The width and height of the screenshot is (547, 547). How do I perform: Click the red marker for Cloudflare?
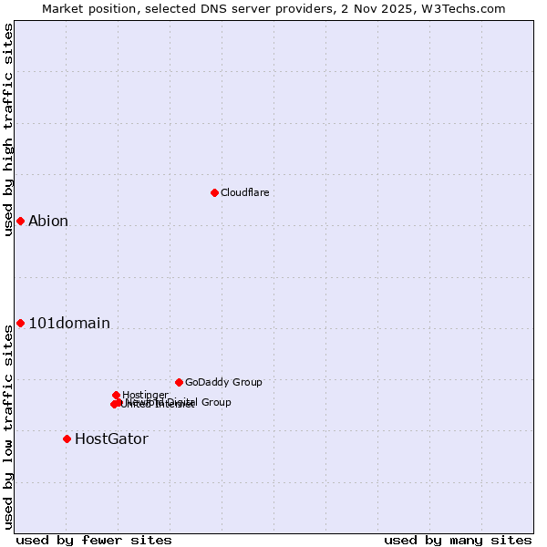[214, 192]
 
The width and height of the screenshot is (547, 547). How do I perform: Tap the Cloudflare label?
[244, 192]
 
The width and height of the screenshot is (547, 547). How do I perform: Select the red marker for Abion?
[20, 221]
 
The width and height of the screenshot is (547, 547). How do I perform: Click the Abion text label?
[48, 221]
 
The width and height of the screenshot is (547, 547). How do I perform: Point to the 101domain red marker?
[20, 323]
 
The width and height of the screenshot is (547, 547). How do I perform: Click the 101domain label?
[69, 323]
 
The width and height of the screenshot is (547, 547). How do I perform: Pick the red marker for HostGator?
[67, 439]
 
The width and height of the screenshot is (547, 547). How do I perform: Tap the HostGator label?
[111, 439]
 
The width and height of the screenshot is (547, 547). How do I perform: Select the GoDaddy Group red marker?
[179, 382]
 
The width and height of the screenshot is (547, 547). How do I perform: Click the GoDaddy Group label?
[223, 382]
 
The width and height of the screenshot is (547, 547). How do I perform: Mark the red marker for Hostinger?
[116, 395]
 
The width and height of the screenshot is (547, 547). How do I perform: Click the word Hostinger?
[145, 395]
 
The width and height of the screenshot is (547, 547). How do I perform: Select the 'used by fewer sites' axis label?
[94, 540]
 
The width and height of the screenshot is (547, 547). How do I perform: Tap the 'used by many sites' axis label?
[458, 540]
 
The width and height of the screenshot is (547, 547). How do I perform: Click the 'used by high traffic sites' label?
[8, 129]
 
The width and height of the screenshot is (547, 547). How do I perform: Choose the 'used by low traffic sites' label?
[8, 426]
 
